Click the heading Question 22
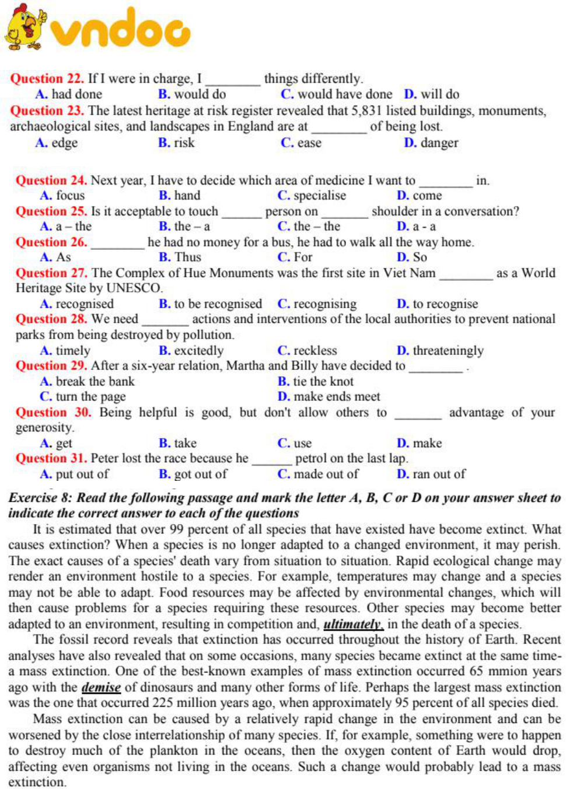coord(47,79)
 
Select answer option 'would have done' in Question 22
coord(344,95)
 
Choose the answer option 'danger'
coord(439,143)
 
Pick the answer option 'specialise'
coord(319,195)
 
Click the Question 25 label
coord(51,211)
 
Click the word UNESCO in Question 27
coord(134,288)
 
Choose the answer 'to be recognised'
coord(218,304)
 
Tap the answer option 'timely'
coord(73,351)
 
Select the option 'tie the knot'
coord(323,382)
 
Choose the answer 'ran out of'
coord(439,474)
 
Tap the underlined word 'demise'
coord(101,687)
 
